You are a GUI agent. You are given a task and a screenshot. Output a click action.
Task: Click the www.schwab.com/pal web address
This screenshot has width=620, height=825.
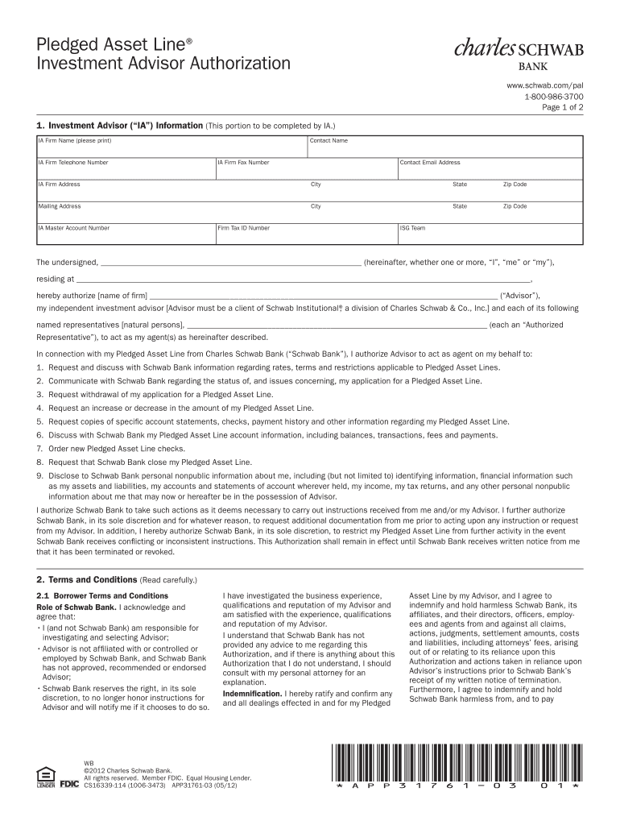click(544, 85)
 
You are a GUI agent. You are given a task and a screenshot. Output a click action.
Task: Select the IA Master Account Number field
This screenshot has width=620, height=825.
click(125, 234)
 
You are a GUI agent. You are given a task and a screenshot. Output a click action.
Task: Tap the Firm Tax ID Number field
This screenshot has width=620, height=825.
click(305, 234)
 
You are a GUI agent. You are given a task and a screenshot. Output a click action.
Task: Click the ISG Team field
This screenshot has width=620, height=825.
click(490, 234)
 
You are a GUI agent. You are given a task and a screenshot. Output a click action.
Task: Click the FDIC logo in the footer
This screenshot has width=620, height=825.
click(69, 781)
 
